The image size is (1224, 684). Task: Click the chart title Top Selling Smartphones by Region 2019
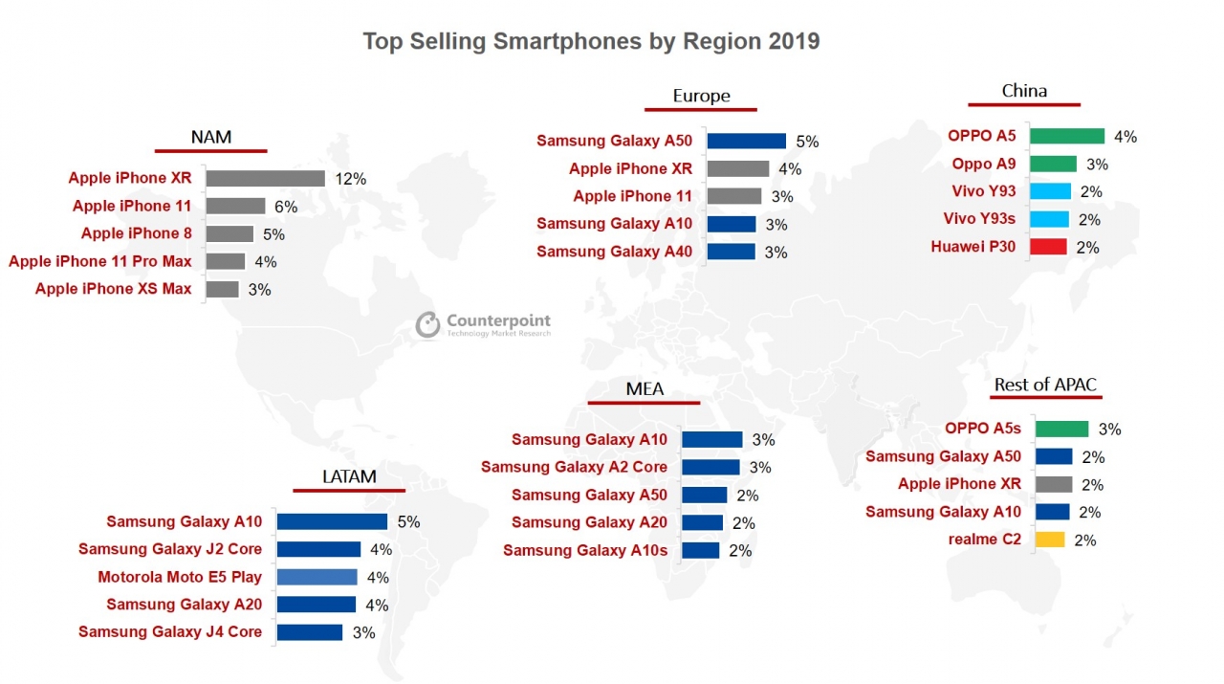591,42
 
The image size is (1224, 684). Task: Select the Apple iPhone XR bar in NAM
265,178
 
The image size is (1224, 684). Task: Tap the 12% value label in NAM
350,179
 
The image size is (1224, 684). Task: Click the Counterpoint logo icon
428,325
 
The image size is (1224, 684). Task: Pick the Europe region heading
701,96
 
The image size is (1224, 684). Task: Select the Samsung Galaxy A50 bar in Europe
746,141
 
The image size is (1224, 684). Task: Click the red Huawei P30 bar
1048,247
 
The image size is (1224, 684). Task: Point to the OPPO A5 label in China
982,136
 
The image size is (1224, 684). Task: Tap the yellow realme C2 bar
1050,540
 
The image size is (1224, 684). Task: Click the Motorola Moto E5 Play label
180,577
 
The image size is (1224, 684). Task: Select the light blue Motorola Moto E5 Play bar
317,577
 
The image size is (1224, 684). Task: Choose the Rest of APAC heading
1045,385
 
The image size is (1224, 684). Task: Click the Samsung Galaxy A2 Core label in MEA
574,467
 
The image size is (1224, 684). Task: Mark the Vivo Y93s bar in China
1050,219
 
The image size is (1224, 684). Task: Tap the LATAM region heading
349,476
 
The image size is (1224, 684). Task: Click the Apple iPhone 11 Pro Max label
100,261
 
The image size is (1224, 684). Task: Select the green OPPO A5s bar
1061,429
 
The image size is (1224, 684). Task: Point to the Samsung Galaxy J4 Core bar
309,632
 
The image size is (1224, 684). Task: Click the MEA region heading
645,388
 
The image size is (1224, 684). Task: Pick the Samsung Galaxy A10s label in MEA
585,550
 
